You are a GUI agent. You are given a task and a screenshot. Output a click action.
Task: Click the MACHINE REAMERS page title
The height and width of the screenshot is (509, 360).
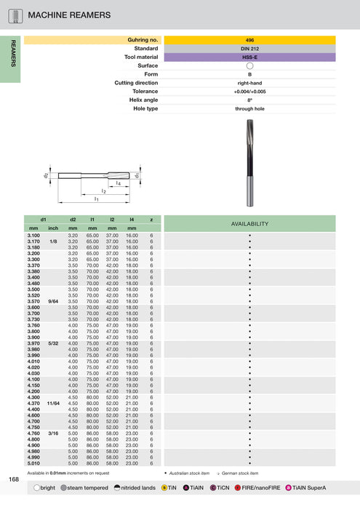tap(69, 15)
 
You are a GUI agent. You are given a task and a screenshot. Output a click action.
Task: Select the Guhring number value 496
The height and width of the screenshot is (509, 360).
tap(249, 40)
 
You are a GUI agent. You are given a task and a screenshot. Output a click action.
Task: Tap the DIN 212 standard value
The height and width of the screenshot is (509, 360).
tap(249, 49)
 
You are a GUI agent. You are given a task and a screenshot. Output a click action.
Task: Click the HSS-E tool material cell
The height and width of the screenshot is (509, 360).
tap(249, 57)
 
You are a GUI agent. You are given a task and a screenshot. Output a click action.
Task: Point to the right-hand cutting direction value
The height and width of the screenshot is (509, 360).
tap(249, 83)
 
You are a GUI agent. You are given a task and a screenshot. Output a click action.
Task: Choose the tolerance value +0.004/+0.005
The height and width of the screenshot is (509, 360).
tap(249, 92)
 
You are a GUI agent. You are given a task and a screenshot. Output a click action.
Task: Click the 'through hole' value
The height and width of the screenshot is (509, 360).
tap(249, 108)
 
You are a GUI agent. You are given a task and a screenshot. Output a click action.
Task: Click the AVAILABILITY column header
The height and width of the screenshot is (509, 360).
tap(249, 223)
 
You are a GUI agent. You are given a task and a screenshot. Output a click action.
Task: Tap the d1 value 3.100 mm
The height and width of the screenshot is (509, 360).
tap(33, 236)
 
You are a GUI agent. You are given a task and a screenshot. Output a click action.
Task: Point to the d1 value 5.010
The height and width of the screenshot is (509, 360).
tap(33, 462)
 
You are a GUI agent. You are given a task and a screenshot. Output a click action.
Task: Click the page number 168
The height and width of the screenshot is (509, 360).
tap(14, 479)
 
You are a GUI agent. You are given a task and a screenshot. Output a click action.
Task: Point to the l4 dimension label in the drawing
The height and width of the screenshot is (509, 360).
tap(117, 184)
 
